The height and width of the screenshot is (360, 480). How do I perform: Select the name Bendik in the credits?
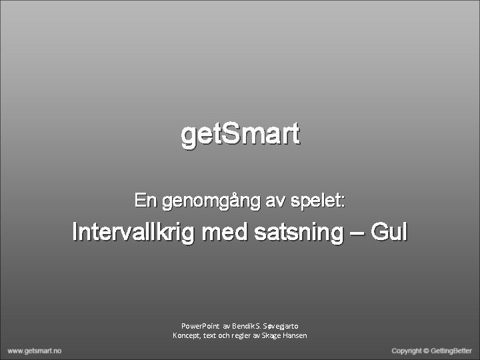tap(243, 325)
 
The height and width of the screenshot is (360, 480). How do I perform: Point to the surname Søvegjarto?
tap(285, 325)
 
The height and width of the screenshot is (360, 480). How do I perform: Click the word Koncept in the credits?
tap(186, 335)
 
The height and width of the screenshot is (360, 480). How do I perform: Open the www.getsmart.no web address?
tap(35, 351)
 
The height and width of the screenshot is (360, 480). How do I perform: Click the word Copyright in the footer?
tap(407, 351)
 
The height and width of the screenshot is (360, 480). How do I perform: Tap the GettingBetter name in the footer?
tap(451, 351)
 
